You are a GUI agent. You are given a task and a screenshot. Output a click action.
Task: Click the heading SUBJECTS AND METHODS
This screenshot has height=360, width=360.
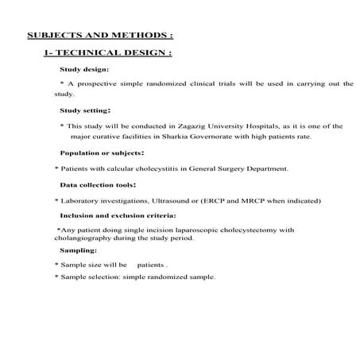coord(99,36)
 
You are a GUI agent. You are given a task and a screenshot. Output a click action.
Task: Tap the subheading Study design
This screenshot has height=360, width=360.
coord(84,70)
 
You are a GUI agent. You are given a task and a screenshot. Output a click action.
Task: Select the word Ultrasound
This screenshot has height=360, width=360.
coord(170,200)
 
